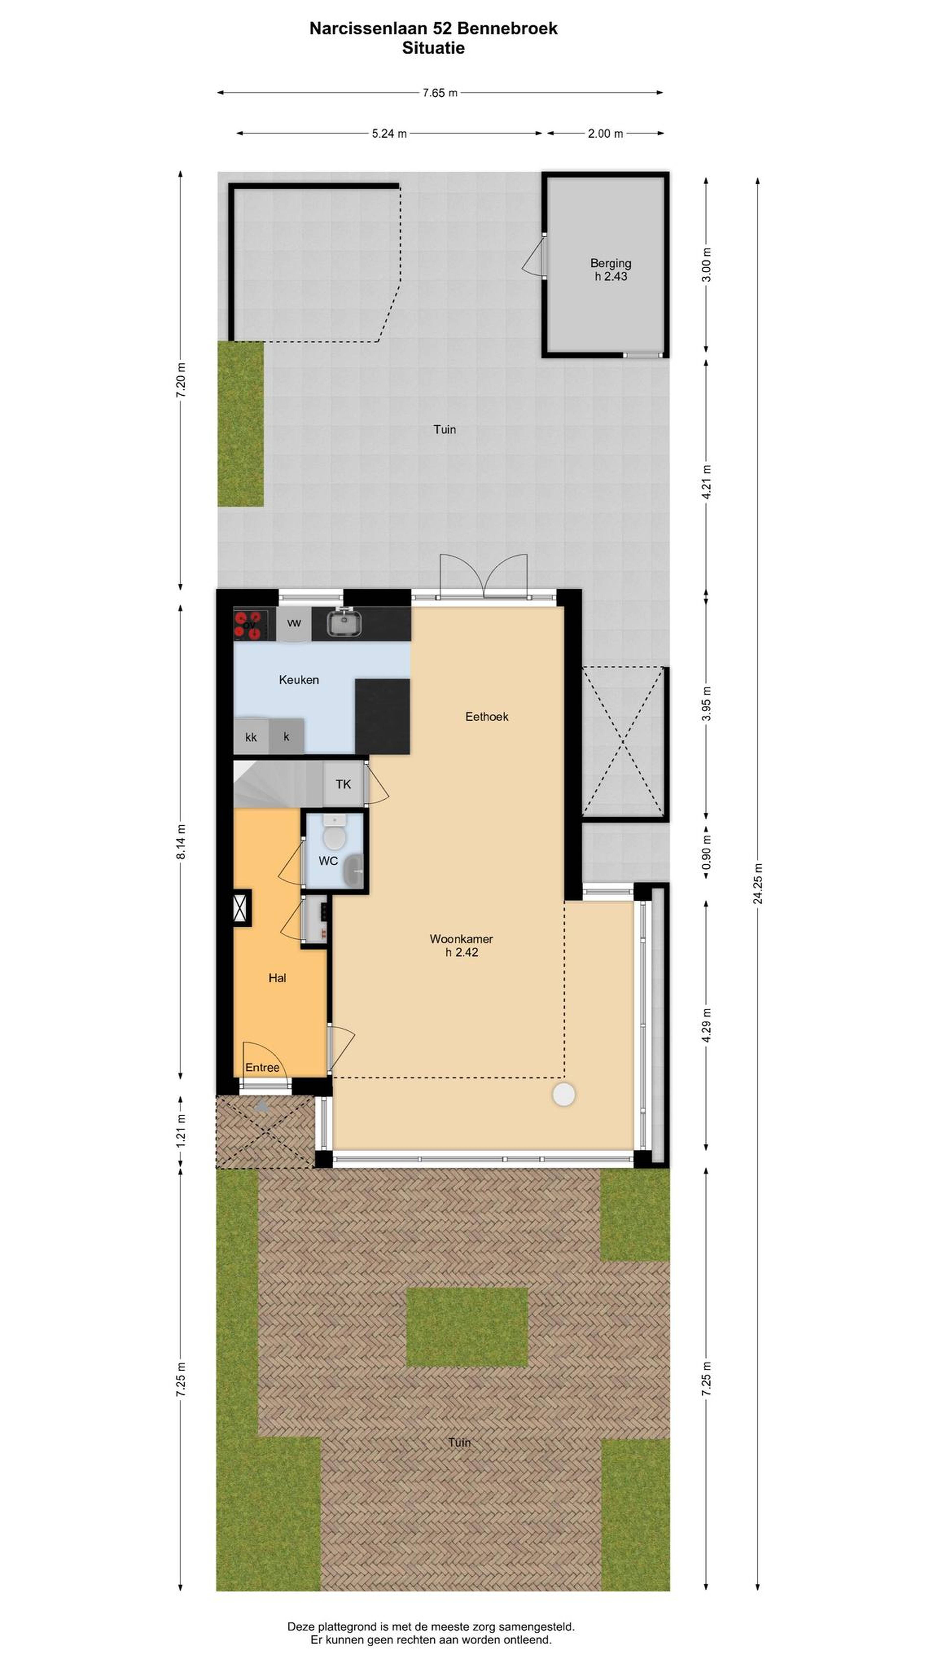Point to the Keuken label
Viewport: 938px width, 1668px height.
point(298,679)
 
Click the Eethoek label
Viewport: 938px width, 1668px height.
point(486,716)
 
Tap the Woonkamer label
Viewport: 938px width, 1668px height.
point(461,938)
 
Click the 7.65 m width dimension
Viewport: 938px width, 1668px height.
point(439,93)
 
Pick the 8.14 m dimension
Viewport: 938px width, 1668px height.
point(181,842)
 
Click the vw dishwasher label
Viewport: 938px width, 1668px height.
point(294,623)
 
